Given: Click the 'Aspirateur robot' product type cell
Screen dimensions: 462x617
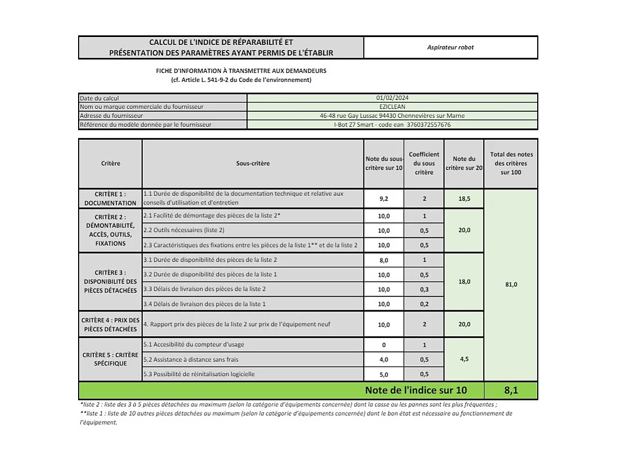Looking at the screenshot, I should [x=450, y=48].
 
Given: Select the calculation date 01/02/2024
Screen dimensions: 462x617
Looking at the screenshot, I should [x=392, y=98].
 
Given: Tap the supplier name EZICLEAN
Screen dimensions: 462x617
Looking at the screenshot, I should [x=392, y=107].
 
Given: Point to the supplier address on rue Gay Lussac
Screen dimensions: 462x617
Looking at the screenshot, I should [x=392, y=116].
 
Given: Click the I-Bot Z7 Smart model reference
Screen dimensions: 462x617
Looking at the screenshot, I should [x=392, y=125].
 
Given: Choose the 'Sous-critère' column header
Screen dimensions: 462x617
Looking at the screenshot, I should [x=253, y=163].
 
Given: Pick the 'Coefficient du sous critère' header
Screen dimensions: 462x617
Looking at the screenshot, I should [x=424, y=163].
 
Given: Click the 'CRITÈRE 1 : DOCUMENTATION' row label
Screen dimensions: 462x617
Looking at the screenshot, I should [x=110, y=199].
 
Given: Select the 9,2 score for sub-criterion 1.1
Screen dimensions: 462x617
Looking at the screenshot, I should [x=384, y=199].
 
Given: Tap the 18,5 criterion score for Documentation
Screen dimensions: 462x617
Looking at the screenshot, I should [x=464, y=199].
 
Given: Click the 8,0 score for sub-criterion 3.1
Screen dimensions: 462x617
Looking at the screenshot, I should [x=384, y=260].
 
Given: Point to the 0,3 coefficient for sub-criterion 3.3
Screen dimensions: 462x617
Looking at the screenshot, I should [x=424, y=290].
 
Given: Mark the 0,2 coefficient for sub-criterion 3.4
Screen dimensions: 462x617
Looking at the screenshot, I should [x=424, y=304].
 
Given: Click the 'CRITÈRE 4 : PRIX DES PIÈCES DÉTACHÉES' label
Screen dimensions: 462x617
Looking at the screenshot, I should [x=110, y=324].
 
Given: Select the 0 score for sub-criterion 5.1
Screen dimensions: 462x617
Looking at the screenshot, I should [x=384, y=345].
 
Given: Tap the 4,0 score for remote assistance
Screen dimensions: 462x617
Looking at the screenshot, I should [x=384, y=360].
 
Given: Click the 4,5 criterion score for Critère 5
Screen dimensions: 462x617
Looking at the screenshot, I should [x=464, y=359].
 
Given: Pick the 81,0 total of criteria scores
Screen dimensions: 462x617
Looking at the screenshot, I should [x=511, y=285].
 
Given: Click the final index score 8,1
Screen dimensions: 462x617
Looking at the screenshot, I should [x=511, y=390].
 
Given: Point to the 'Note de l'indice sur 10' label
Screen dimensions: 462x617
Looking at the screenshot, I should [x=415, y=390].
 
